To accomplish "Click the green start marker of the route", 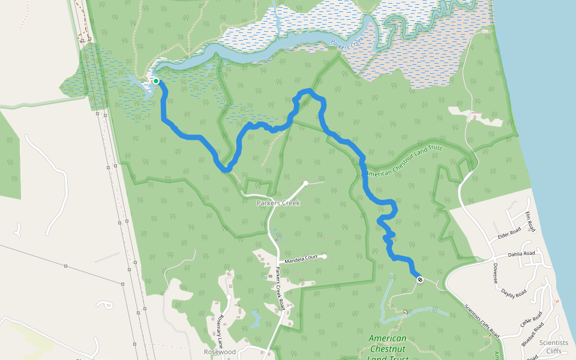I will tap(155, 81).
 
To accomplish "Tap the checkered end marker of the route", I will tap(419, 279).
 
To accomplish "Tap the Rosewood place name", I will tap(220, 352).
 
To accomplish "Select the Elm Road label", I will tap(529, 222).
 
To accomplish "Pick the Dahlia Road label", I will tap(521, 254).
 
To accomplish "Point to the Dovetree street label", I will tap(496, 272).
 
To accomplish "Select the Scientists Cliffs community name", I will tap(553, 347).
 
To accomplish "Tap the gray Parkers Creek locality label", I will tap(278, 203).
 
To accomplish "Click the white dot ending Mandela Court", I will tap(324, 257).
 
